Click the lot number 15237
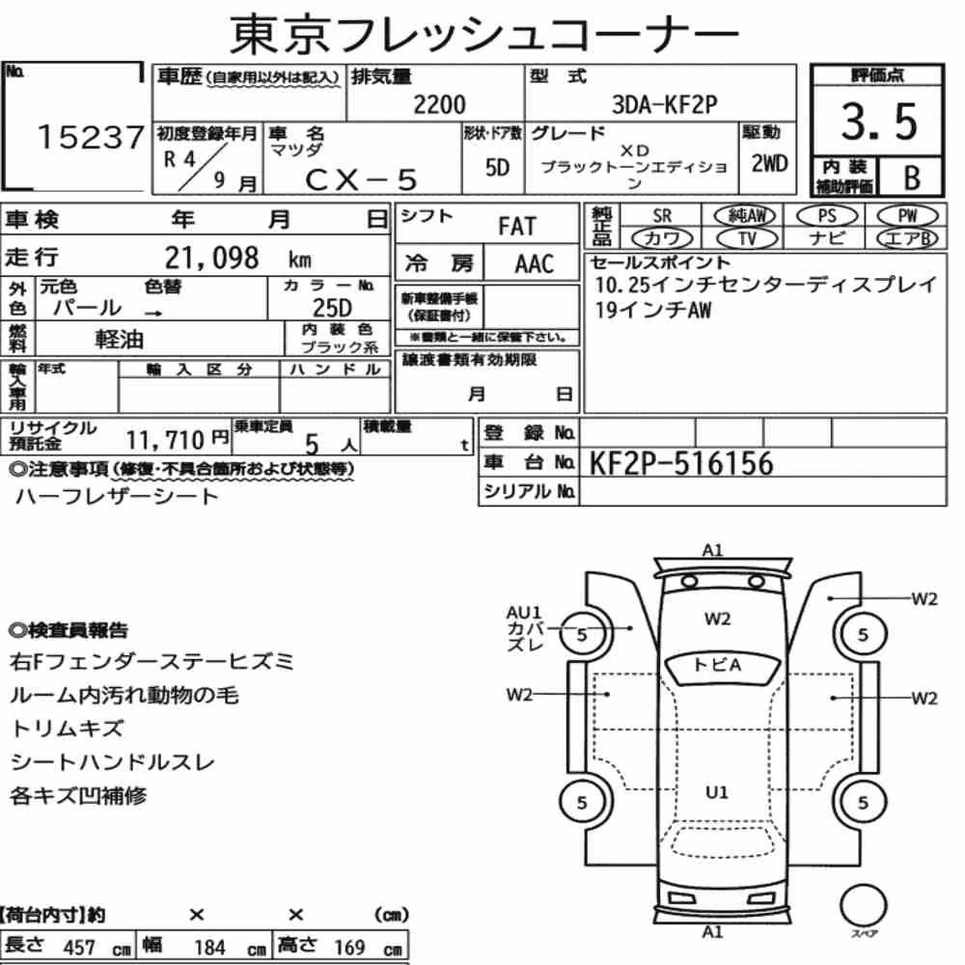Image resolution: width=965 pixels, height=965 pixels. pyautogui.click(x=91, y=137)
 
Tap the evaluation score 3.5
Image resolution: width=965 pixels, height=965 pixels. pyautogui.click(x=879, y=122)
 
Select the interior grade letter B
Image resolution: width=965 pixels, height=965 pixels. pyautogui.click(x=912, y=178)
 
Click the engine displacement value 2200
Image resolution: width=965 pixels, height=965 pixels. pyautogui.click(x=439, y=104)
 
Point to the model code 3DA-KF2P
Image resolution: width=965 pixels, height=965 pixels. pyautogui.click(x=664, y=104)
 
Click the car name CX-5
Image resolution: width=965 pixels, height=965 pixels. pyautogui.click(x=361, y=179)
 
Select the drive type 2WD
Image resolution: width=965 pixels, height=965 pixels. pyautogui.click(x=769, y=164)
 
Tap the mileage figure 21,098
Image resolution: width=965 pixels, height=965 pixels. pyautogui.click(x=211, y=258)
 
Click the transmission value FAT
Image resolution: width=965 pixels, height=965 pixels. pyautogui.click(x=517, y=227)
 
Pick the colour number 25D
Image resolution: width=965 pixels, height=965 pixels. pyautogui.click(x=332, y=308)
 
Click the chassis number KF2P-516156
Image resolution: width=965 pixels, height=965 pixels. pyautogui.click(x=680, y=463)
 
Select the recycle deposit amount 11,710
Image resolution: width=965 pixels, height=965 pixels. pyautogui.click(x=165, y=440)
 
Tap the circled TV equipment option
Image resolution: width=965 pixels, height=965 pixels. pyautogui.click(x=748, y=238)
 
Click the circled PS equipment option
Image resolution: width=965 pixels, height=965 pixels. pyautogui.click(x=827, y=216)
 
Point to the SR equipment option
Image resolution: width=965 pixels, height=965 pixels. pyautogui.click(x=662, y=216)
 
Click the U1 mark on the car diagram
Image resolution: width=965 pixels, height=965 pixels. pyautogui.click(x=716, y=792)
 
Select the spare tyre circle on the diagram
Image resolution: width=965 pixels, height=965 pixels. pyautogui.click(x=863, y=905)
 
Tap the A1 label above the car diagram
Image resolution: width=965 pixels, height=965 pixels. pyautogui.click(x=712, y=550)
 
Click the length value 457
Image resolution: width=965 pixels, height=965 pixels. pyautogui.click(x=79, y=948)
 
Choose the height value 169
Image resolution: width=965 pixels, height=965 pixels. pyautogui.click(x=349, y=948)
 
